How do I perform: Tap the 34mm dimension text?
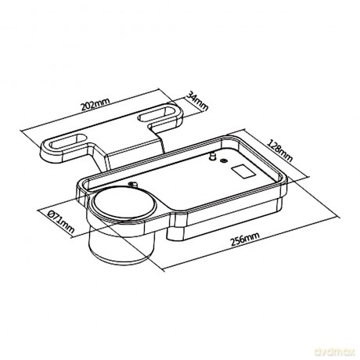(197, 101)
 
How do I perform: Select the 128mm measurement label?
(280, 150)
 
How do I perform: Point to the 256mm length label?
(245, 239)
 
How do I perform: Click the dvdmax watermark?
(335, 352)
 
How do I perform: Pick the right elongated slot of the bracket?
(158, 113)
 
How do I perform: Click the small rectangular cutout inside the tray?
(243, 172)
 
